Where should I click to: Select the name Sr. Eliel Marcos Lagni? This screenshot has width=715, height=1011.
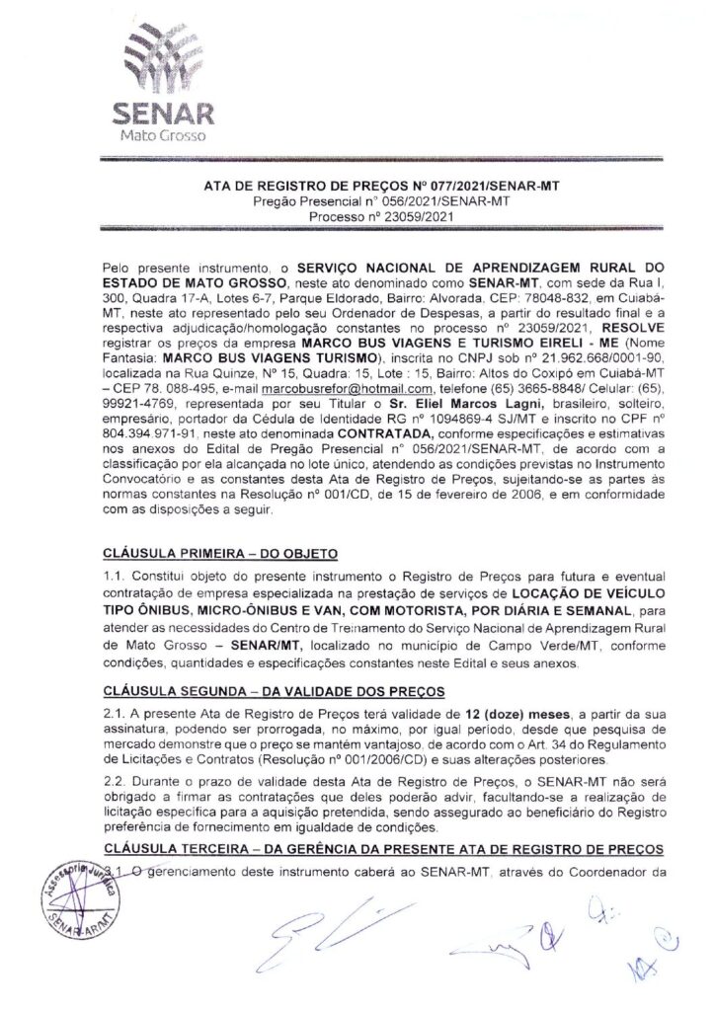click(383, 431)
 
